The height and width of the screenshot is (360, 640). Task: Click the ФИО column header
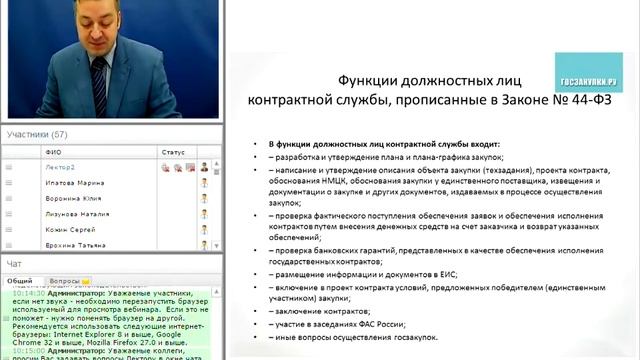point(53,152)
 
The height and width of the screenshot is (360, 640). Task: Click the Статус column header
point(172,152)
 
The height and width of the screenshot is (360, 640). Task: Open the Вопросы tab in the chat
point(66,281)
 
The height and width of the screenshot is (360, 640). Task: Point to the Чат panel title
point(14,264)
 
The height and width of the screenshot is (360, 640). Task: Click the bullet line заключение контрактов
point(316,310)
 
